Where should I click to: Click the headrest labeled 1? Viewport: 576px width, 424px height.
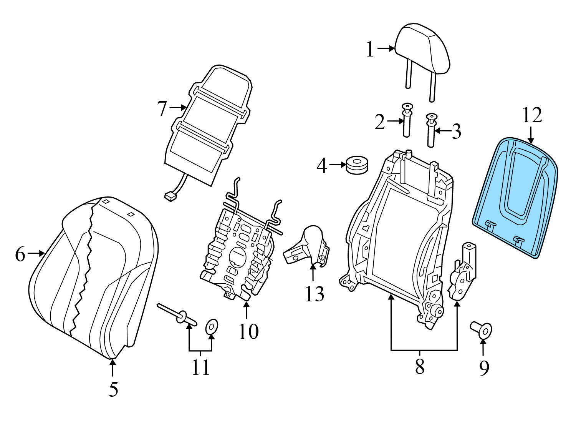(422, 48)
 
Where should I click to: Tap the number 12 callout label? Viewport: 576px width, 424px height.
(532, 115)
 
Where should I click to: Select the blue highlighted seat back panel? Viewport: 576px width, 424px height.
(515, 196)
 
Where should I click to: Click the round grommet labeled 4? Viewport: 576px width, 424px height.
(357, 165)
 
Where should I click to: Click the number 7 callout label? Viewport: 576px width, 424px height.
(162, 108)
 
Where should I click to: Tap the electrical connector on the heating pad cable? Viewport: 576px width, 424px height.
(169, 196)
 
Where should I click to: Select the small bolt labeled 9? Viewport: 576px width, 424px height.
(482, 330)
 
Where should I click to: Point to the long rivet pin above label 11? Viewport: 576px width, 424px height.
(177, 313)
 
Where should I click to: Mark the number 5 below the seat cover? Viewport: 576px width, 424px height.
(113, 389)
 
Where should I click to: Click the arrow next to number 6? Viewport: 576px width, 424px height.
(37, 253)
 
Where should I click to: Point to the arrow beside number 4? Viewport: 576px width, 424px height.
(338, 165)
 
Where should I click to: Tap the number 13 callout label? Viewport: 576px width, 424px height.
(314, 294)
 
